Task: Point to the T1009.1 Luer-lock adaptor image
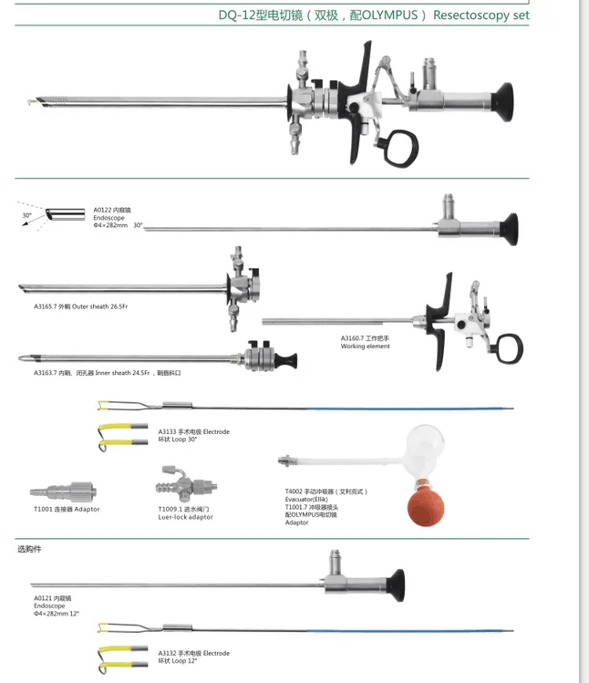[x=185, y=483]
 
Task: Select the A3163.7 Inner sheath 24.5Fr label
[x=107, y=373]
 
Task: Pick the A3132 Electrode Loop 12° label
[x=193, y=656]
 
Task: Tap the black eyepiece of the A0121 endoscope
[x=394, y=585]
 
